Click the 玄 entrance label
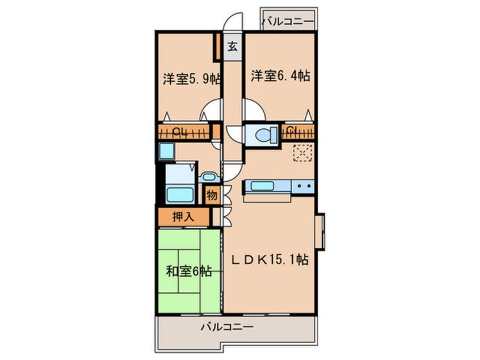pyautogui.click(x=232, y=47)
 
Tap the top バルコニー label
pyautogui.click(x=288, y=23)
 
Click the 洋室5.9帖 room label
pyautogui.click(x=191, y=79)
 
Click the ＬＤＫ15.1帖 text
pyautogui.click(x=269, y=260)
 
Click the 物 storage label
pyautogui.click(x=211, y=195)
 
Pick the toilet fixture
pyautogui.click(x=264, y=135)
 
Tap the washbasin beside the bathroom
pyautogui.click(x=208, y=177)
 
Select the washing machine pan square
pyautogui.click(x=167, y=152)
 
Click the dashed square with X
pyautogui.click(x=302, y=153)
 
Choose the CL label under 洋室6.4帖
pyautogui.click(x=293, y=132)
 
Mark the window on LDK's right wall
pyautogui.click(x=321, y=232)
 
